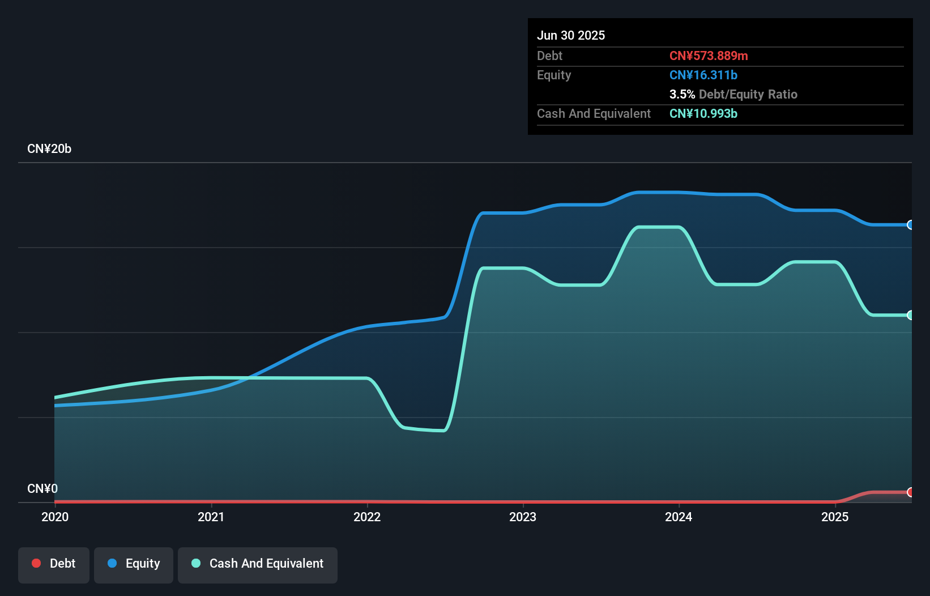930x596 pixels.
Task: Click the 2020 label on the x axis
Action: (x=55, y=517)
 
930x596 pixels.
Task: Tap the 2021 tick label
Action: (x=211, y=517)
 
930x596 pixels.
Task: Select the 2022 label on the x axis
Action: (x=367, y=517)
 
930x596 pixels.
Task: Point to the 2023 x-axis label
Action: (x=523, y=517)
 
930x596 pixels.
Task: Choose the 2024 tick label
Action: (x=679, y=517)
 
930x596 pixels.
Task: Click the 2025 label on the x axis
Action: (x=835, y=517)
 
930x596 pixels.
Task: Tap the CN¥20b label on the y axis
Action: (x=49, y=149)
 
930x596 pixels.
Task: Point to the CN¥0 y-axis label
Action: (x=42, y=488)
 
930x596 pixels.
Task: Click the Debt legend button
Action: (x=54, y=564)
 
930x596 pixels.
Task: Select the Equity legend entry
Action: (x=134, y=564)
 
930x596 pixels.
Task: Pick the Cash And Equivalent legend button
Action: (x=258, y=564)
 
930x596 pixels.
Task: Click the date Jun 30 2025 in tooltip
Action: (x=571, y=35)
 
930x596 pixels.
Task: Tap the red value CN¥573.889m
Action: (x=709, y=56)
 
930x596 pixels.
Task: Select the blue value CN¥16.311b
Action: (x=703, y=75)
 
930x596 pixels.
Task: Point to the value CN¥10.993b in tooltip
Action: (x=703, y=113)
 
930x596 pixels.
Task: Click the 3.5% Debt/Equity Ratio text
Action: (x=733, y=94)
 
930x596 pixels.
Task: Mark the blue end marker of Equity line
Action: (x=910, y=225)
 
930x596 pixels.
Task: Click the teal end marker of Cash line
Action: (x=910, y=315)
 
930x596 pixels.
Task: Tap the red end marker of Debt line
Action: (x=910, y=492)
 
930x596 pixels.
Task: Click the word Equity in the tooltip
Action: (x=554, y=75)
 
